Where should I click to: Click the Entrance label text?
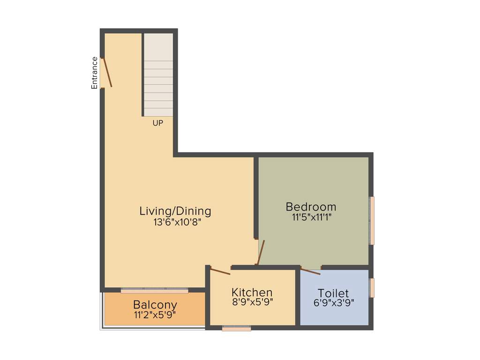pyautogui.click(x=95, y=73)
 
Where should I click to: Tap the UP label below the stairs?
pyautogui.click(x=158, y=123)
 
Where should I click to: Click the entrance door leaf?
pyautogui.click(x=107, y=72)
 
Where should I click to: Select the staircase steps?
pyautogui.click(x=158, y=75)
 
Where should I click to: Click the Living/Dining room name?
pyautogui.click(x=175, y=211)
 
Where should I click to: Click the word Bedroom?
pyautogui.click(x=311, y=207)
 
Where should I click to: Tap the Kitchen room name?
pyautogui.click(x=252, y=292)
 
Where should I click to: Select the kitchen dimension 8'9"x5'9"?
pyautogui.click(x=252, y=302)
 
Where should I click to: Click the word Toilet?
pyautogui.click(x=333, y=293)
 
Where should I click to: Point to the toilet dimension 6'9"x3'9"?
pyautogui.click(x=334, y=303)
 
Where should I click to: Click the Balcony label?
pyautogui.click(x=155, y=305)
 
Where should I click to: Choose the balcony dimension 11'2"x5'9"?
pyautogui.click(x=155, y=315)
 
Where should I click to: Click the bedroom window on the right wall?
pyautogui.click(x=372, y=220)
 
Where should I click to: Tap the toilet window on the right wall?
pyautogui.click(x=372, y=288)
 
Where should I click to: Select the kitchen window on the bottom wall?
pyautogui.click(x=236, y=329)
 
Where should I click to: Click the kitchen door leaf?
pyautogui.click(x=220, y=270)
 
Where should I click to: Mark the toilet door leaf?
pyautogui.click(x=310, y=271)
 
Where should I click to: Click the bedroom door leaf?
pyautogui.click(x=261, y=253)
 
